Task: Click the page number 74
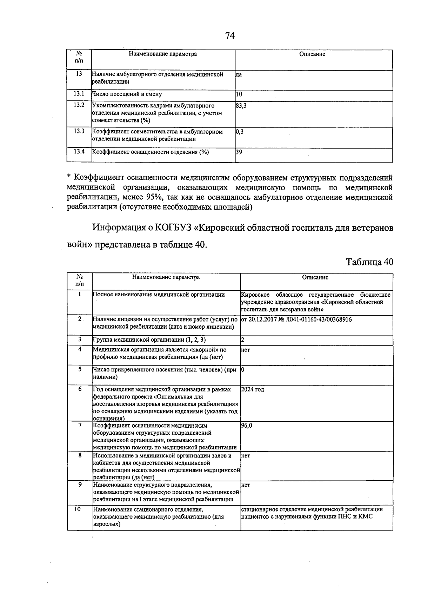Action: [230, 36]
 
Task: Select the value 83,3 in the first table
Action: [241, 105]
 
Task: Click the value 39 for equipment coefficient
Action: [239, 152]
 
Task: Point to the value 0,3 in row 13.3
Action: [240, 132]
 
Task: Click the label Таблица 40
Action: [369, 262]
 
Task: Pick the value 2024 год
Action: [253, 389]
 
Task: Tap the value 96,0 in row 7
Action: [247, 425]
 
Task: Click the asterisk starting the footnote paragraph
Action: [69, 177]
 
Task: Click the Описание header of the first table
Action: [312, 54]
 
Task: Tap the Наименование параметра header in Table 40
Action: [166, 277]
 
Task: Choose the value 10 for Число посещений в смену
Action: [239, 94]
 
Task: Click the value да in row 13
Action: [239, 74]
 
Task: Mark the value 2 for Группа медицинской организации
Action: [243, 340]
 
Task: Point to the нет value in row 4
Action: [246, 350]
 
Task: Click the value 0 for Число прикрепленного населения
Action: [243, 370]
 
